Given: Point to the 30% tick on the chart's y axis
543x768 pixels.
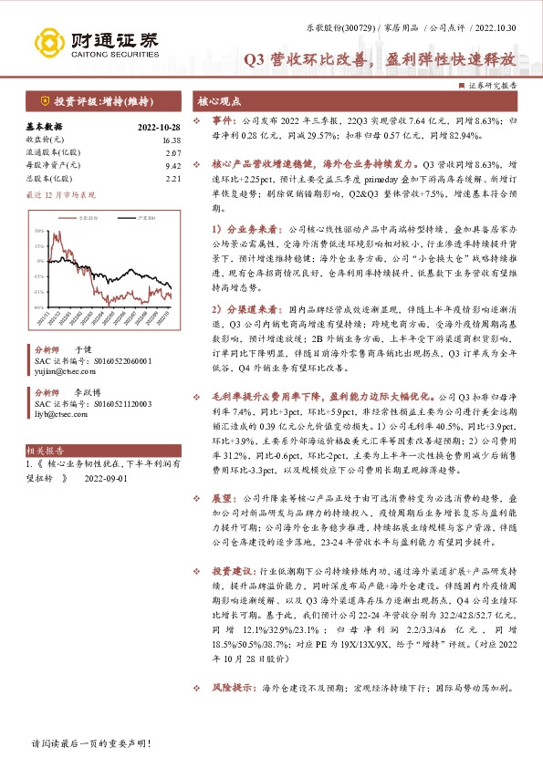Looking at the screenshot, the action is pyautogui.click(x=39, y=232).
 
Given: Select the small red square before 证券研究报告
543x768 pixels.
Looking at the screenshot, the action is pyautogui.click(x=461, y=84).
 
